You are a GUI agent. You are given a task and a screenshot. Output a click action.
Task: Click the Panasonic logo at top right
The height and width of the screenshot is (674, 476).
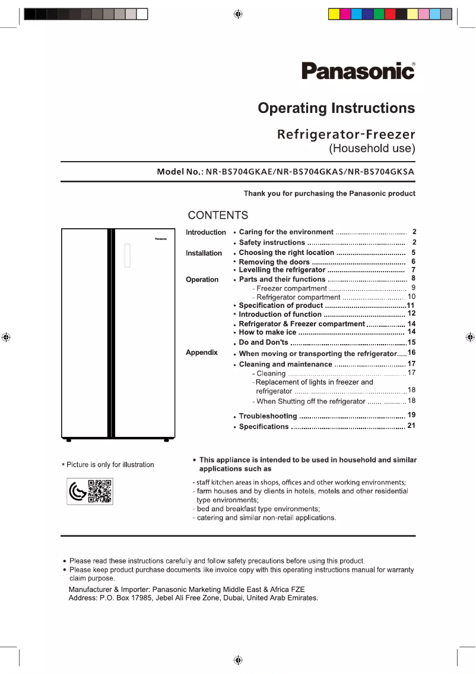[358, 71]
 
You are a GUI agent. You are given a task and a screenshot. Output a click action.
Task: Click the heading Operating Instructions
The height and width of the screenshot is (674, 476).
[336, 108]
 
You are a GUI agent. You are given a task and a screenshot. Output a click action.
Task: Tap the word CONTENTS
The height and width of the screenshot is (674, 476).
[218, 215]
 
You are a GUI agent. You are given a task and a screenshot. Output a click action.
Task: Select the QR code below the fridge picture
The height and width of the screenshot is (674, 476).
[99, 492]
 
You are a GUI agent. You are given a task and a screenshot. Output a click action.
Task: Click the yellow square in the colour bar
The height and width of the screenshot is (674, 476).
[334, 14]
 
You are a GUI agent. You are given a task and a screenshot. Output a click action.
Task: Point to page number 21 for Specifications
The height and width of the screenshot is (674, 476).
[411, 426]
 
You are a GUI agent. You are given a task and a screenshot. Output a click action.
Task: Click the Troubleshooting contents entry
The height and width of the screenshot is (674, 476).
[268, 416]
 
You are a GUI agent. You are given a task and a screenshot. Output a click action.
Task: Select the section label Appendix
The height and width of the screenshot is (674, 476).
[202, 352]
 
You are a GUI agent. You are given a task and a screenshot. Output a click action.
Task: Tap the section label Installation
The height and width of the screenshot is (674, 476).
[204, 253]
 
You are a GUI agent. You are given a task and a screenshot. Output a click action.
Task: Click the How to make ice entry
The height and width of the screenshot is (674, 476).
[267, 332]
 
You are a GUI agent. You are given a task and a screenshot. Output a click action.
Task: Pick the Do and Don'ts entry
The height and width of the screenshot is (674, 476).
[264, 342]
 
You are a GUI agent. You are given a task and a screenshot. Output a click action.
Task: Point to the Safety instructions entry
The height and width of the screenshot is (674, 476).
[272, 242]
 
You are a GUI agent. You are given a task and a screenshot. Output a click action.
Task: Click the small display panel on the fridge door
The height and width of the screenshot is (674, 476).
[127, 256]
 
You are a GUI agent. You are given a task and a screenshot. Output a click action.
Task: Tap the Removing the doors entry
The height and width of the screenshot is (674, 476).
[274, 262]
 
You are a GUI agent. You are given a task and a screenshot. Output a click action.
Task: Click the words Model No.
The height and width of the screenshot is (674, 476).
[180, 172]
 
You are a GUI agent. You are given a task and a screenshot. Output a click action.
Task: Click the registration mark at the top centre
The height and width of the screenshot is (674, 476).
[237, 14]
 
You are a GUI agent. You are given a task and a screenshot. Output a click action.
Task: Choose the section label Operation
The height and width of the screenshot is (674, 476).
[202, 280]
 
